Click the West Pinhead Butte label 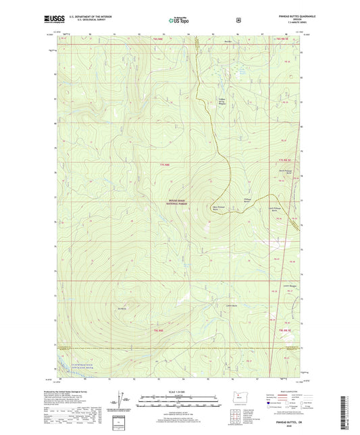[x=216, y=209]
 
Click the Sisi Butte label [x=122, y=310]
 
